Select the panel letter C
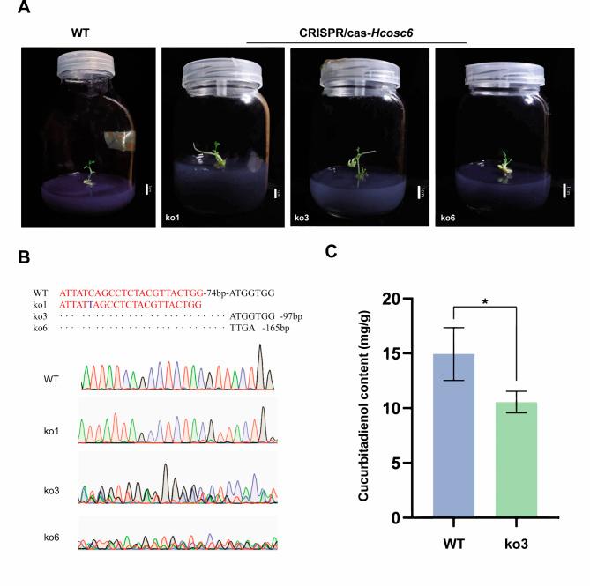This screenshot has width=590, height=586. pyautogui.click(x=331, y=251)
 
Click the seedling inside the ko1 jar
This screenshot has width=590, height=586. pyautogui.click(x=216, y=154)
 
